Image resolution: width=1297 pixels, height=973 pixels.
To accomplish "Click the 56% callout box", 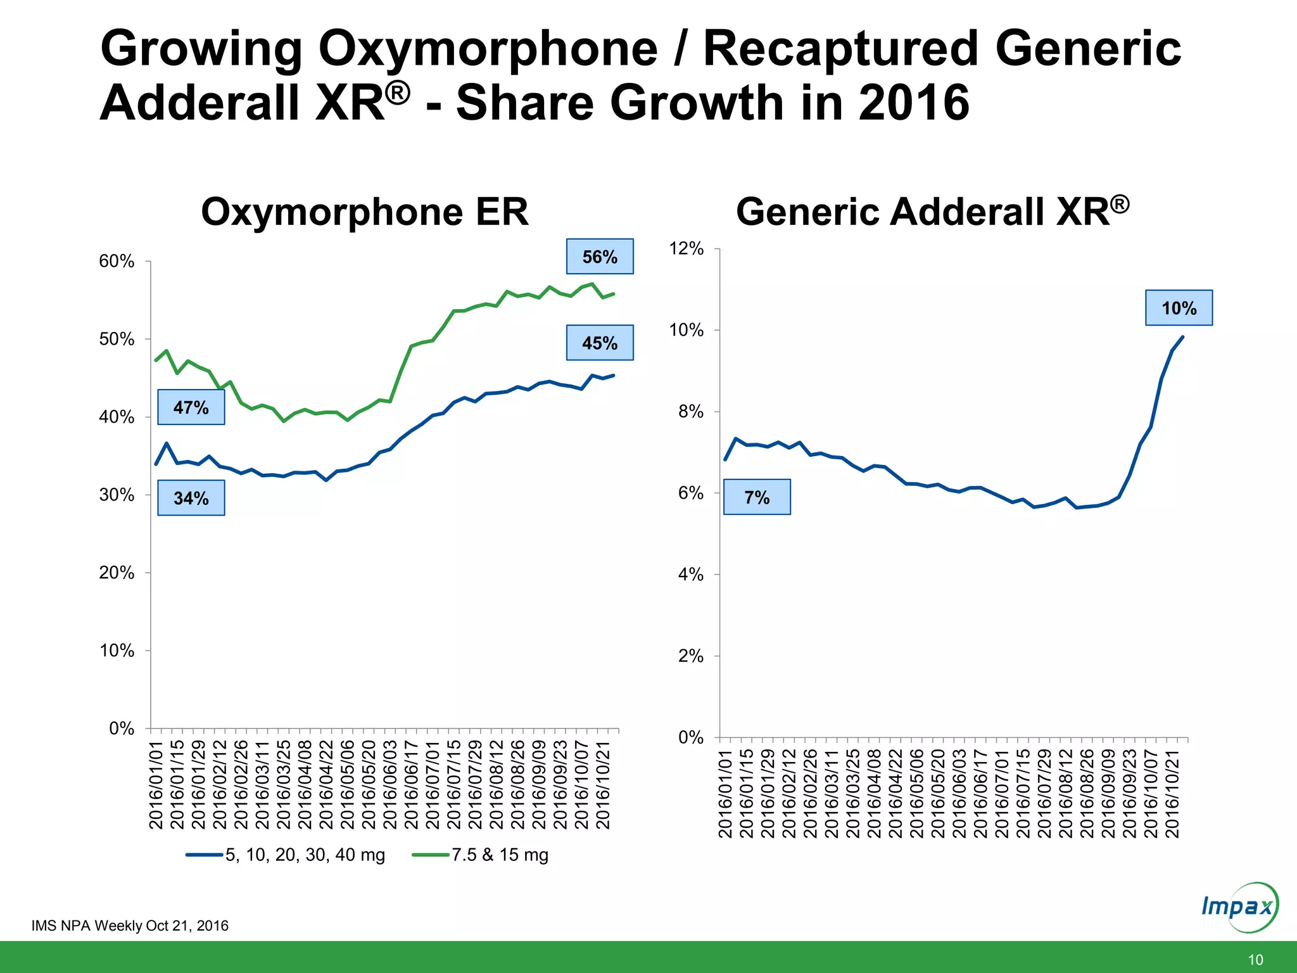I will [599, 257].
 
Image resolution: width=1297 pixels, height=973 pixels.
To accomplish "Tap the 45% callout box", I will [599, 343].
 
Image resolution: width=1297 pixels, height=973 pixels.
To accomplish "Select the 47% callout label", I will [191, 407].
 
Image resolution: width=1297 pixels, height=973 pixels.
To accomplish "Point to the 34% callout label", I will [191, 498].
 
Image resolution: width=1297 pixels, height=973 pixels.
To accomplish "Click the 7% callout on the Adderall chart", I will [757, 497].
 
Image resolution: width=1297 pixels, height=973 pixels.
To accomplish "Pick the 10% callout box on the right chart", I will [1179, 308].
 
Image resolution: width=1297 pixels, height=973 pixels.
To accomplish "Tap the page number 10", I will [1255, 960].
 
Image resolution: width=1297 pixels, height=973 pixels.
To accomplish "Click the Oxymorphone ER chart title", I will [364, 212].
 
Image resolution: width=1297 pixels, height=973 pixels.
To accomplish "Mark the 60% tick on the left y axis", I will [117, 261].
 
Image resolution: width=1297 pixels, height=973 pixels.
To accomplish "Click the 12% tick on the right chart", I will [686, 248].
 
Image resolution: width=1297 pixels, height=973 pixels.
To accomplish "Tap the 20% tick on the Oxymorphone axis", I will [117, 573].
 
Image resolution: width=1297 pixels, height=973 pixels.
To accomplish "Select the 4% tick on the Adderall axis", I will [690, 575].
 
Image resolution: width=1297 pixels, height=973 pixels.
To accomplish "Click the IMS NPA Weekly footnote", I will [130, 925].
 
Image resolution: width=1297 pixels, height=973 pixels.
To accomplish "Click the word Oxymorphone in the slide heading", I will [488, 49].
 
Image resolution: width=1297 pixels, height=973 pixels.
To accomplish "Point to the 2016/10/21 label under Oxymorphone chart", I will [603, 785].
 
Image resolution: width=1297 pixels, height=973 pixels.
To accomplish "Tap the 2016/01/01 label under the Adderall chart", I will [726, 793].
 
